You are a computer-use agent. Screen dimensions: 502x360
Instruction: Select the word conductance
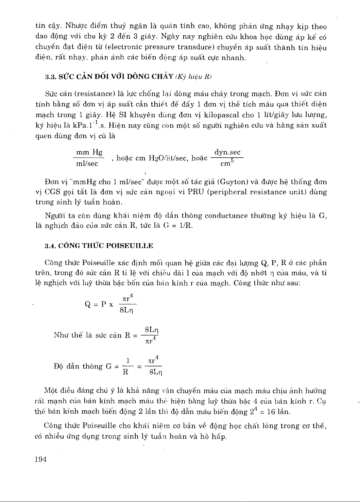[226, 216]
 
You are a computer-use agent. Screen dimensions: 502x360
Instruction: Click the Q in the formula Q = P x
[88, 304]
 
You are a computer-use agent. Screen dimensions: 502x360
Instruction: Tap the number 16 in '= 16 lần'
[271, 412]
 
